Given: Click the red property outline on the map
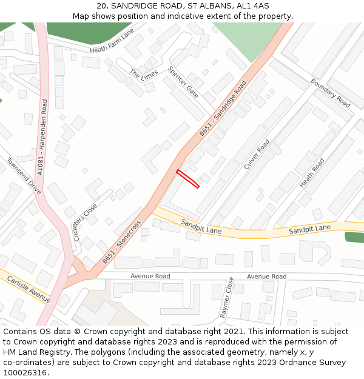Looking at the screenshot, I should pos(187,179).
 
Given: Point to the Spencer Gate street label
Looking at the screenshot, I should pos(183,82).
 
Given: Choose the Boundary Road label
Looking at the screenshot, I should pos(330,93).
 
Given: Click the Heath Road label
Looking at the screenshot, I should pos(312,173).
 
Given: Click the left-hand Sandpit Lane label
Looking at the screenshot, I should pos(201,227).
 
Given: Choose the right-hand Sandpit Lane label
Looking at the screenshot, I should pos(309,229).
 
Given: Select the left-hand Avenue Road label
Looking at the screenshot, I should pos(150,277).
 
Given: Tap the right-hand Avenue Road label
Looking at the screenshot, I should pos(266,277).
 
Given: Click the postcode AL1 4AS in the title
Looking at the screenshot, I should pos(252,5).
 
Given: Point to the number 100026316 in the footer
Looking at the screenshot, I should pos(24,372).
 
